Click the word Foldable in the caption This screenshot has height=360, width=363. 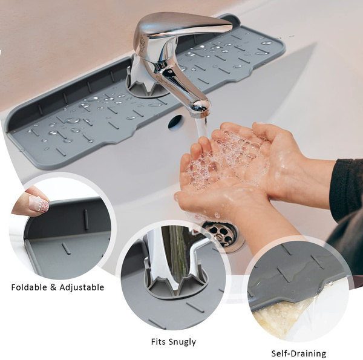pos(29,287)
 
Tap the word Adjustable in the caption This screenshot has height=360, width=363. pos(82,288)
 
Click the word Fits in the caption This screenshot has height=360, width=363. pos(159,342)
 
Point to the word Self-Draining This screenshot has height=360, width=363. pos(299,354)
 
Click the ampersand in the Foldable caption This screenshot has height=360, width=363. pos(53,287)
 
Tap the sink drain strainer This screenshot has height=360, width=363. pos(221,234)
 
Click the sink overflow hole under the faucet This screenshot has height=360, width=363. pos(175,122)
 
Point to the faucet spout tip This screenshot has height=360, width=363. pos(200,111)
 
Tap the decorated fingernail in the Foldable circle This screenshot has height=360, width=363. pos(39,203)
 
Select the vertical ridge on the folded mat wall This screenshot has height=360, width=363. pos(86,220)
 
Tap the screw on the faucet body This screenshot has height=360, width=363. pos(171,72)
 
